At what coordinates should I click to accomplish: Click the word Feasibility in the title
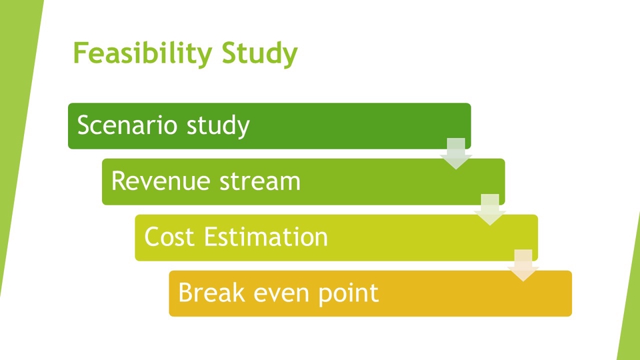tap(143, 53)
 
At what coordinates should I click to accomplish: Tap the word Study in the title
tap(259, 53)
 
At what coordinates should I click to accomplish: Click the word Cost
tap(169, 237)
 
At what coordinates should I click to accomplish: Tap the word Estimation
tap(266, 237)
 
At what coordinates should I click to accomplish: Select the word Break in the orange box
tap(211, 292)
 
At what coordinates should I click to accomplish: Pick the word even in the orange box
tap(281, 295)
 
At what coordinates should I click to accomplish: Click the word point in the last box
tap(348, 293)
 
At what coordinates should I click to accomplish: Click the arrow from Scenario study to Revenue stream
tap(456, 153)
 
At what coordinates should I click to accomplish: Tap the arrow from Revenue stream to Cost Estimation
tap(490, 209)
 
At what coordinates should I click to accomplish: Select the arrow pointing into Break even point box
tap(523, 265)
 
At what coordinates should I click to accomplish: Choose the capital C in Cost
tap(152, 237)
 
